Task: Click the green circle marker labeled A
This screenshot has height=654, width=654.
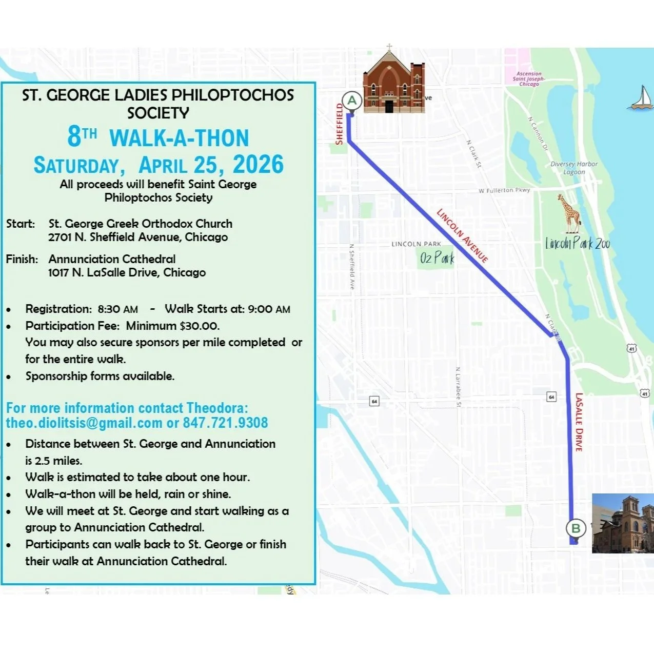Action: pos(352,101)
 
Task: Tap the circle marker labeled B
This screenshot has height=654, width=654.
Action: pos(576,528)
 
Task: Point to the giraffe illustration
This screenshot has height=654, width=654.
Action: pos(569,213)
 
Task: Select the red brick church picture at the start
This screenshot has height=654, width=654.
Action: pos(393,82)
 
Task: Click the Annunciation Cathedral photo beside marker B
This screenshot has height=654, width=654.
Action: pos(623,523)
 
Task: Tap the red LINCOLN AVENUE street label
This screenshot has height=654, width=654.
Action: pos(462,235)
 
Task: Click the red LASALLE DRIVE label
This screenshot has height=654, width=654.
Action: pos(579,422)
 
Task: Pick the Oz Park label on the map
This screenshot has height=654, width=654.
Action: pos(437,257)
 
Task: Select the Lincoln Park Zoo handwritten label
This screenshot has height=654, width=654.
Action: pos(578,243)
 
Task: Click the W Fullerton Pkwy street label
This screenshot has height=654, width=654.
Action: pos(504,190)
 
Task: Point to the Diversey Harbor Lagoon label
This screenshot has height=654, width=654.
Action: pos(574,168)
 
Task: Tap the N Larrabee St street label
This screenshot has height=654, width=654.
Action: pos(458,387)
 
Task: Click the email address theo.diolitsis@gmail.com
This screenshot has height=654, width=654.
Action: pos(84,423)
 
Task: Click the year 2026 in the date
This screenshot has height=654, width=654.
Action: pos(258,165)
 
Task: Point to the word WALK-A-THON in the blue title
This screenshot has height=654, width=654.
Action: pos(179,138)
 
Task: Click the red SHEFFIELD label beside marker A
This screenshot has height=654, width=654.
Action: pos(339,124)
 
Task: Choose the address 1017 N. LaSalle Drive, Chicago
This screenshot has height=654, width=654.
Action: pos(127,272)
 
